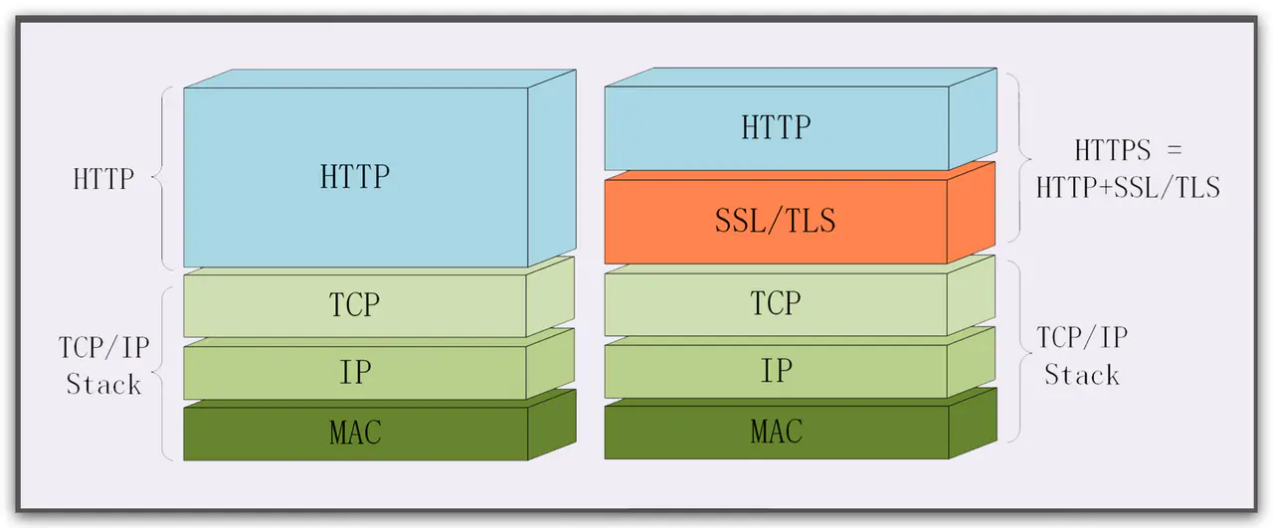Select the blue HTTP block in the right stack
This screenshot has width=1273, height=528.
coord(776,128)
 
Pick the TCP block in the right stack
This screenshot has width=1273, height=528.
coord(776,304)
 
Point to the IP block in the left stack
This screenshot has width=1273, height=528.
coord(355,372)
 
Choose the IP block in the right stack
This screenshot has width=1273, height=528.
coord(776,371)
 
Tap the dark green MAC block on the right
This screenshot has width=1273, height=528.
coord(776,433)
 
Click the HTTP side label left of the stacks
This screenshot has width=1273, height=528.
coord(104,180)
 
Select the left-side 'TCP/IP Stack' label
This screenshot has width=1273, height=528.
coord(103,365)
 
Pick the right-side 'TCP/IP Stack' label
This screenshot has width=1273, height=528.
coord(1082,356)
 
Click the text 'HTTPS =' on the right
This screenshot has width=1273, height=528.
coord(1127,151)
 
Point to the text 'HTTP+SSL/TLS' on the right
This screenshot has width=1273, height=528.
coord(1127,187)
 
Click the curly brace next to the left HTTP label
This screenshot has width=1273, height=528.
coord(162,178)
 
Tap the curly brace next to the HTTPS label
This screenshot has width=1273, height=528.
coord(1016,157)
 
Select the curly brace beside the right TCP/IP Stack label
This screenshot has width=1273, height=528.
coord(1016,351)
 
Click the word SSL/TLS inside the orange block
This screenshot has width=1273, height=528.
coord(776,221)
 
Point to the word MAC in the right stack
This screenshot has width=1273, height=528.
coord(776,433)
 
